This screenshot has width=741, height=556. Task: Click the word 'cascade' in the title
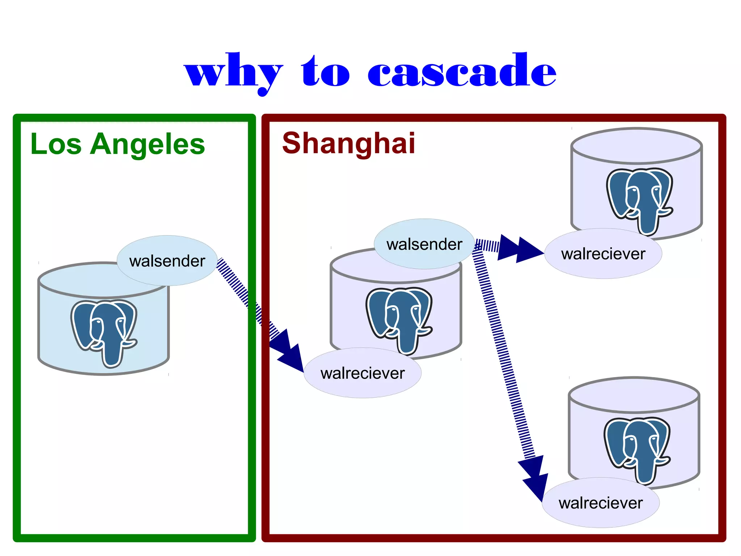(x=462, y=71)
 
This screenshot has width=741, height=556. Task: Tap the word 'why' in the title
(x=233, y=72)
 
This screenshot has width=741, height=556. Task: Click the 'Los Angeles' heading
(x=118, y=144)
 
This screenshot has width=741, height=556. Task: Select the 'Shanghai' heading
(x=348, y=143)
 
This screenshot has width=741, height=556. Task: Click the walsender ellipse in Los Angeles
(x=167, y=261)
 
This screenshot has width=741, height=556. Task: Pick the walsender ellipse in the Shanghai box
(x=424, y=244)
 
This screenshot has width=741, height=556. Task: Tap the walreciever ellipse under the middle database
(x=363, y=373)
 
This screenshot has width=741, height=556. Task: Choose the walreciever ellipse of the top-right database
(x=603, y=254)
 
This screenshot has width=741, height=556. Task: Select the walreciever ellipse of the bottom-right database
(x=601, y=503)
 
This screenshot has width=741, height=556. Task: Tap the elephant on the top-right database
(x=640, y=200)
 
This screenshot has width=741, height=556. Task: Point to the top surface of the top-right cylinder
(x=636, y=145)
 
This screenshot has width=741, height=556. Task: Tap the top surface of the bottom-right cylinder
(x=634, y=395)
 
